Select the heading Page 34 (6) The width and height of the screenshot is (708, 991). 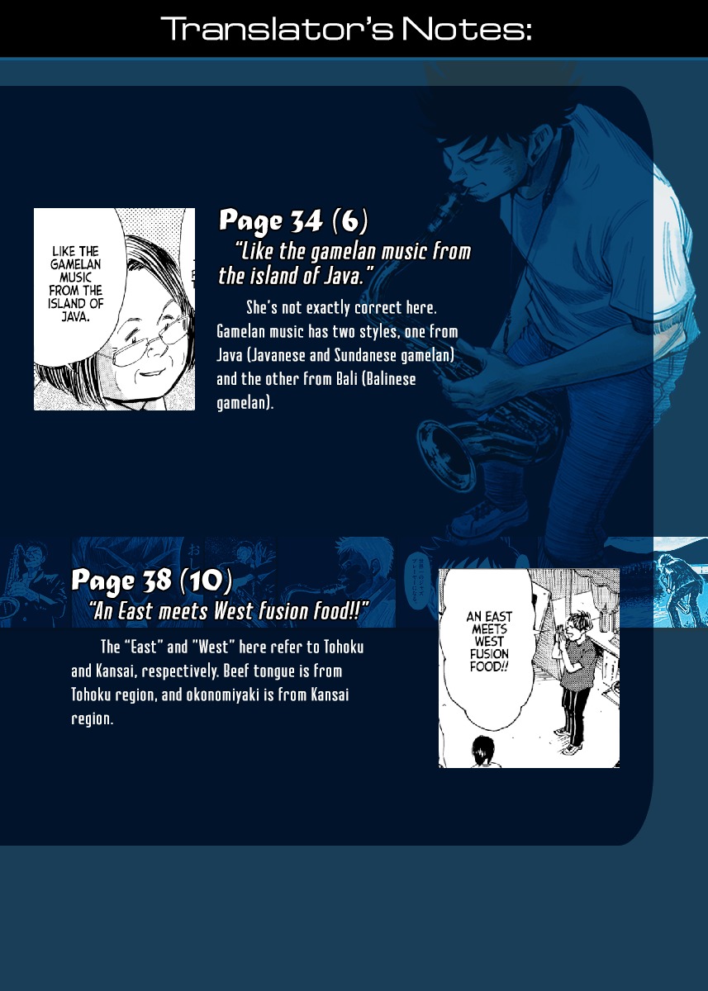[293, 220]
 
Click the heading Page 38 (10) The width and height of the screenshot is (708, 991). [152, 581]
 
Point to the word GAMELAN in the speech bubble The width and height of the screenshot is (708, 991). [76, 264]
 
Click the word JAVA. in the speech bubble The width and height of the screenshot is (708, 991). [76, 317]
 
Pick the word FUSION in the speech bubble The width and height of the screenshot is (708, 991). [489, 654]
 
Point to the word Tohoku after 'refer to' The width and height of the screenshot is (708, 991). [344, 647]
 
